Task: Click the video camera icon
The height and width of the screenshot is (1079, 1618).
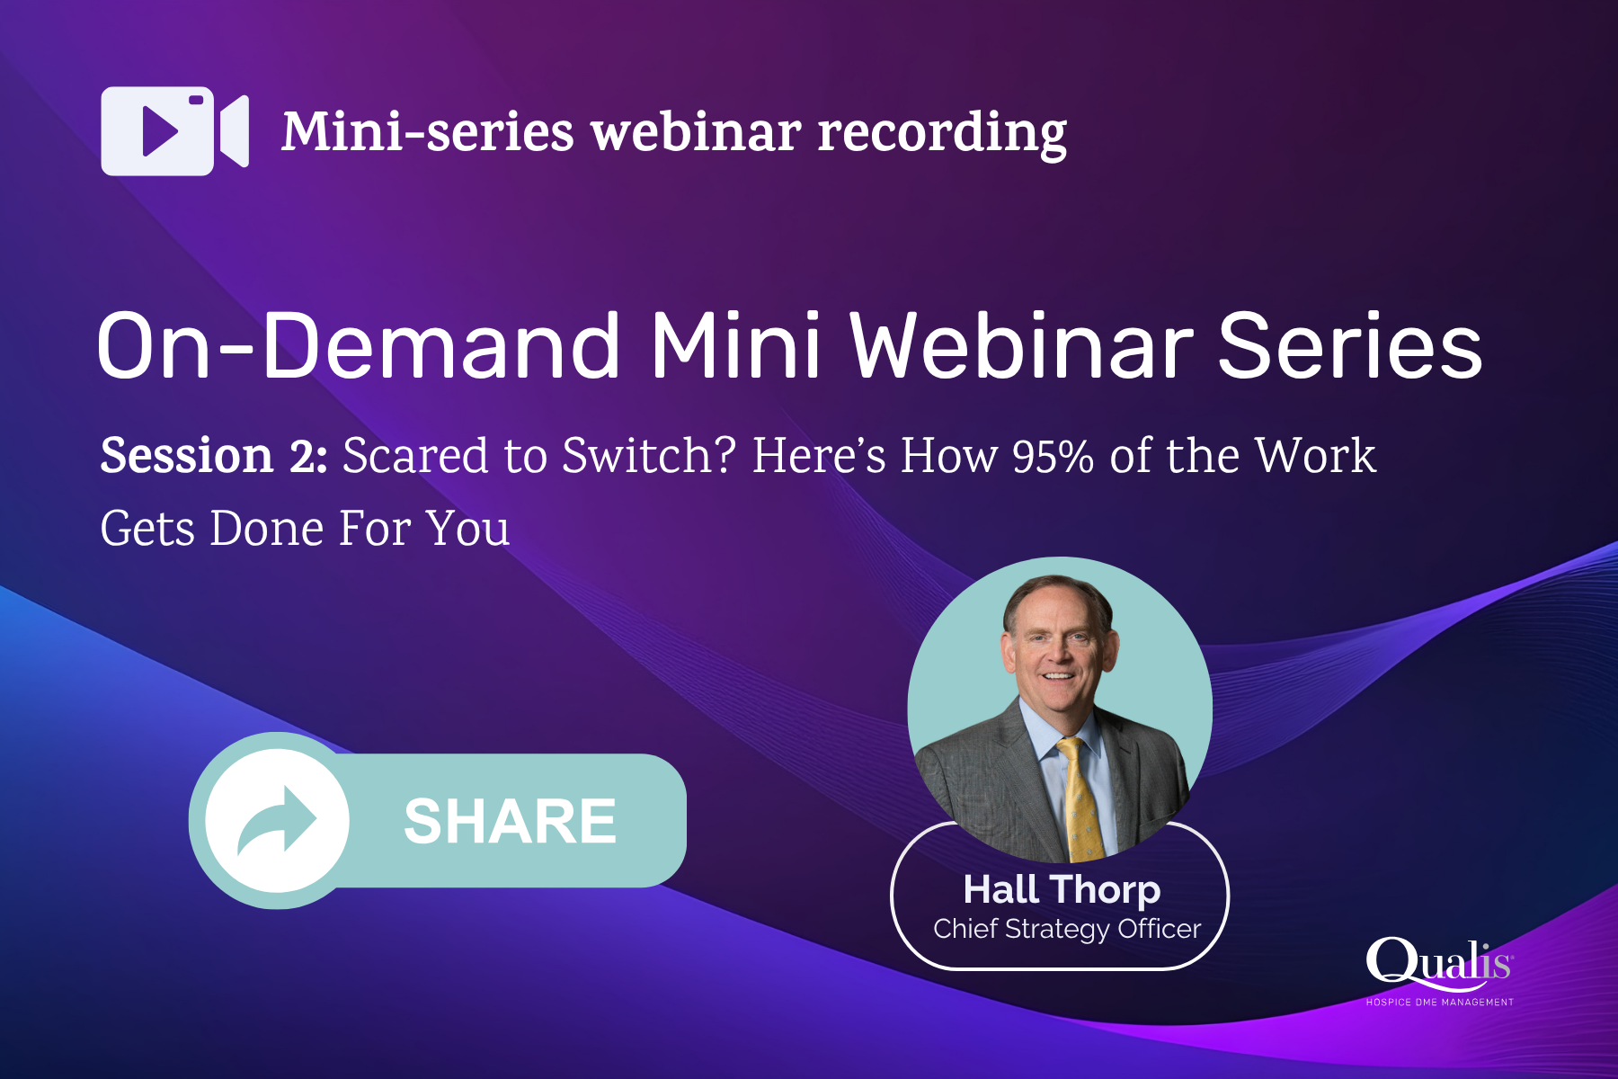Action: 174,131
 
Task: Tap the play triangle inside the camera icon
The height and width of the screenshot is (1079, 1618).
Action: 159,131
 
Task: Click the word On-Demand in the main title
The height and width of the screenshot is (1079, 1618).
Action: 358,346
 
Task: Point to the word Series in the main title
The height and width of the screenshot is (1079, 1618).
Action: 1348,346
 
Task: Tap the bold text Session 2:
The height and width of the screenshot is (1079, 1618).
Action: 214,456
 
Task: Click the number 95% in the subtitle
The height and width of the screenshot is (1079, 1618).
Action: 1053,456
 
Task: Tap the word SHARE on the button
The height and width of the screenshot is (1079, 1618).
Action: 510,821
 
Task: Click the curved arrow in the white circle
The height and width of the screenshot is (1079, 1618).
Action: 277,820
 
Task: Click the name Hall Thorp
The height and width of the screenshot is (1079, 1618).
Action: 1062,889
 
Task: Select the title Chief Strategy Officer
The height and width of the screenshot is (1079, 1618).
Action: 1067,929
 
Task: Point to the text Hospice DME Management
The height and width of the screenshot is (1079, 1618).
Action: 1439,1002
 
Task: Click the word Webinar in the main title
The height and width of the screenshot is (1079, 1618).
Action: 1021,346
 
